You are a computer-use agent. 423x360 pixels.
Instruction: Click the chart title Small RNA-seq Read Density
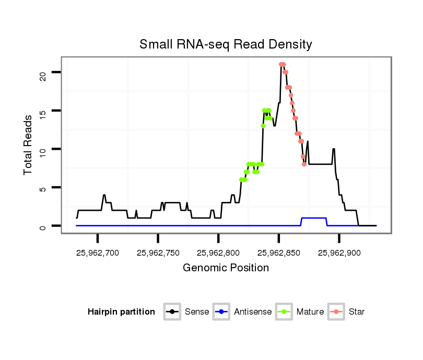coord(226,44)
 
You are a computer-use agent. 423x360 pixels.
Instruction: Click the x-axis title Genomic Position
coord(226,268)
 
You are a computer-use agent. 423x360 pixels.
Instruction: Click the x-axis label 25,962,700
coord(98,253)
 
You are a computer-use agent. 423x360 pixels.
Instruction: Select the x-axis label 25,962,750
coord(158,253)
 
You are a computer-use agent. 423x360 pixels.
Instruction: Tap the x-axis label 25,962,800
coord(218,253)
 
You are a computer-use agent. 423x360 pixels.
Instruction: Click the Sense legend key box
coord(172,312)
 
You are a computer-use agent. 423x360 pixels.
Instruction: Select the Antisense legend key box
coord(221,312)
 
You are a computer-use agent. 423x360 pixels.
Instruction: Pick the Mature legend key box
coord(284,312)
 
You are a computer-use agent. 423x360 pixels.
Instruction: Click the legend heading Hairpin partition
coord(121,312)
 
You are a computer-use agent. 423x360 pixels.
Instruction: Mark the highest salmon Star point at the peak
coord(282,65)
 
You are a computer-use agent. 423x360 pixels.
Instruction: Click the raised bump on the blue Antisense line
coord(314,218)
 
